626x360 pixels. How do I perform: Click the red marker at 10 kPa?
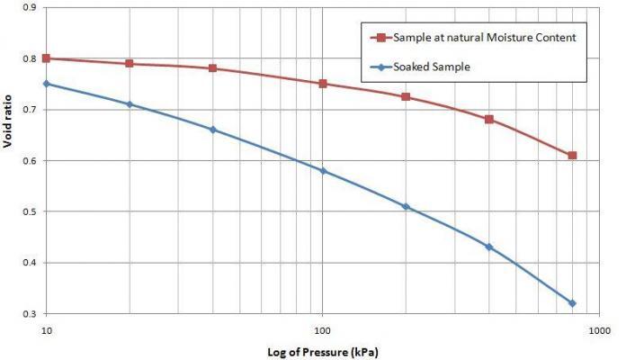(47, 58)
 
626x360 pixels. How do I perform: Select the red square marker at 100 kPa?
(323, 84)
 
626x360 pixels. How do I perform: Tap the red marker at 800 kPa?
(572, 156)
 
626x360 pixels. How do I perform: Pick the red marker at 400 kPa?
(489, 119)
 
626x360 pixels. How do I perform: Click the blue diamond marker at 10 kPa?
(47, 84)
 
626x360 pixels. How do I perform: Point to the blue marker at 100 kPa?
(323, 171)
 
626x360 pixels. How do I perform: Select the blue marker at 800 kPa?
(572, 303)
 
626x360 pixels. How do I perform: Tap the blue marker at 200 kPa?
(406, 206)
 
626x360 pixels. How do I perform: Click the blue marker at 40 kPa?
(213, 130)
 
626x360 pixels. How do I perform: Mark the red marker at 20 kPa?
(130, 64)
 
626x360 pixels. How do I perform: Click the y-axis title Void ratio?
(8, 160)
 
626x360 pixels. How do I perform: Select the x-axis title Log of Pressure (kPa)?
(322, 351)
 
